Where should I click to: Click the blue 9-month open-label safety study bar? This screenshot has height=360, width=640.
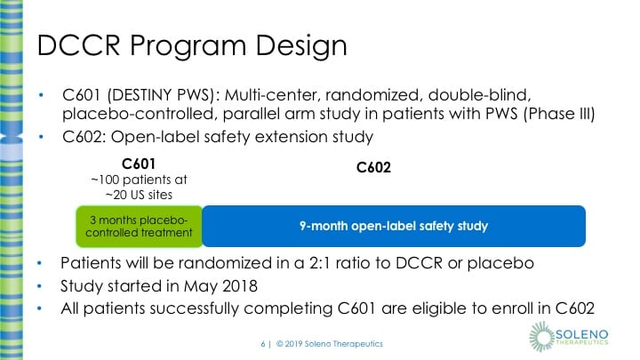(x=393, y=226)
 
